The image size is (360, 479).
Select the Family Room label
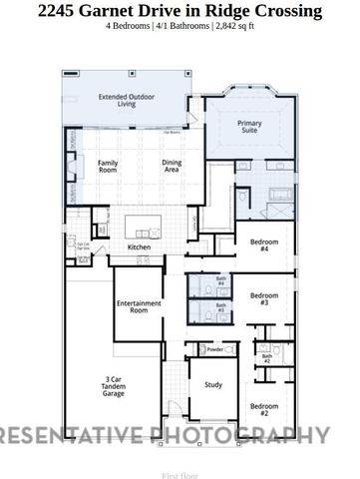pos(107,167)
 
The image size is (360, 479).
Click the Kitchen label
pos(139,247)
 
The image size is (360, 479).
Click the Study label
pos(213,384)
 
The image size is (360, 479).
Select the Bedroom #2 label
pos(264,409)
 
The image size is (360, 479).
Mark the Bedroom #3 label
pos(263,298)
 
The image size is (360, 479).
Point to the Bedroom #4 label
pos(264,244)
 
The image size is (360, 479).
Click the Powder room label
pos(214,349)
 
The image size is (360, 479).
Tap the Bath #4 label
pos(220,282)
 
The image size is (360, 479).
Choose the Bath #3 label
pos(220,308)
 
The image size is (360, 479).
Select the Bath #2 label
pos(267,357)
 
